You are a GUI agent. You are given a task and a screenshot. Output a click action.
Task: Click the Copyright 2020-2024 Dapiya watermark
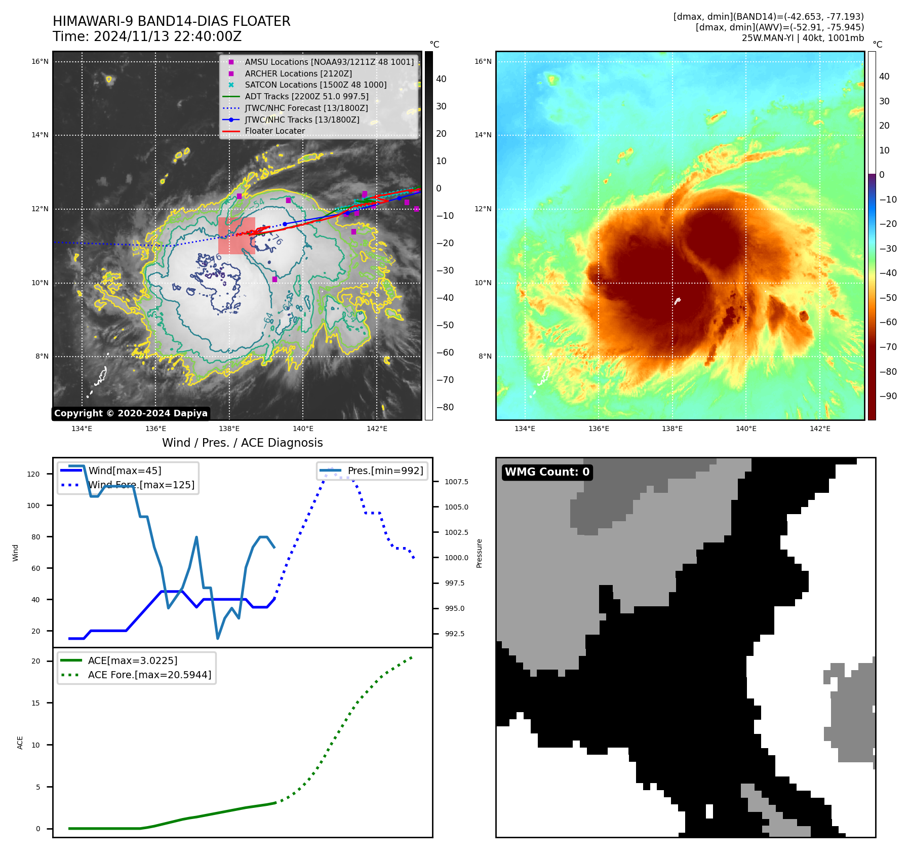click(x=131, y=413)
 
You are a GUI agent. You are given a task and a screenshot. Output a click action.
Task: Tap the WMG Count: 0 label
click(x=547, y=472)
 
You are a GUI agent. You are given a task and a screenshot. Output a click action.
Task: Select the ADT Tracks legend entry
click(x=306, y=96)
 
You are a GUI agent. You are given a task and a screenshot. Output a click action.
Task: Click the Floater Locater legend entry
click(x=274, y=131)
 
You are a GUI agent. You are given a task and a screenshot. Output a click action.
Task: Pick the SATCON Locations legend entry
click(x=315, y=85)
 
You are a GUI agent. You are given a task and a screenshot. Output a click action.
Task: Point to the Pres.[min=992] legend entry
click(x=385, y=471)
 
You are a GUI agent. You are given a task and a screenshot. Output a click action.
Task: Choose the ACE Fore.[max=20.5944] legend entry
click(x=149, y=675)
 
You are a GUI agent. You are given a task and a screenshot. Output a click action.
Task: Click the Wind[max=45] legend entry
click(x=125, y=471)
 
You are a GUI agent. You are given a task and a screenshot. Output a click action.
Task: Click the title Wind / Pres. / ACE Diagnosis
click(x=242, y=443)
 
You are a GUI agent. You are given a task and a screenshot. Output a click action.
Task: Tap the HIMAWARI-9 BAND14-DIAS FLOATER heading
click(x=171, y=21)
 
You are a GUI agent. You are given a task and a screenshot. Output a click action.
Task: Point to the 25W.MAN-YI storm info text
click(x=803, y=38)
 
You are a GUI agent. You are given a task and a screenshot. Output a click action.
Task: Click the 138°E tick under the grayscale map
click(x=229, y=429)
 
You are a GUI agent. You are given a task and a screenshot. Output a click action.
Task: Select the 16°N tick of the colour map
click(x=483, y=62)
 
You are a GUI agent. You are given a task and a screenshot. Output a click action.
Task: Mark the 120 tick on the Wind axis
click(x=33, y=474)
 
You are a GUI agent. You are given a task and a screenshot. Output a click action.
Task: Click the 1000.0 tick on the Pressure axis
click(x=456, y=558)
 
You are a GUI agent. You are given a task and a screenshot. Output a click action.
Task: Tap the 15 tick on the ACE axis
click(x=35, y=703)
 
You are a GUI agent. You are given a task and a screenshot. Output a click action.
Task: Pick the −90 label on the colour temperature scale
click(x=888, y=396)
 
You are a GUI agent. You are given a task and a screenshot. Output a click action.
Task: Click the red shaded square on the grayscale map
click(x=236, y=236)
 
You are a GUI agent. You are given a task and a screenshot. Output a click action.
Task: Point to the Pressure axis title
click(x=479, y=553)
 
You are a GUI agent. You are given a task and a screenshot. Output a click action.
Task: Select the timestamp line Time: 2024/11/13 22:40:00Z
click(x=147, y=37)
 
